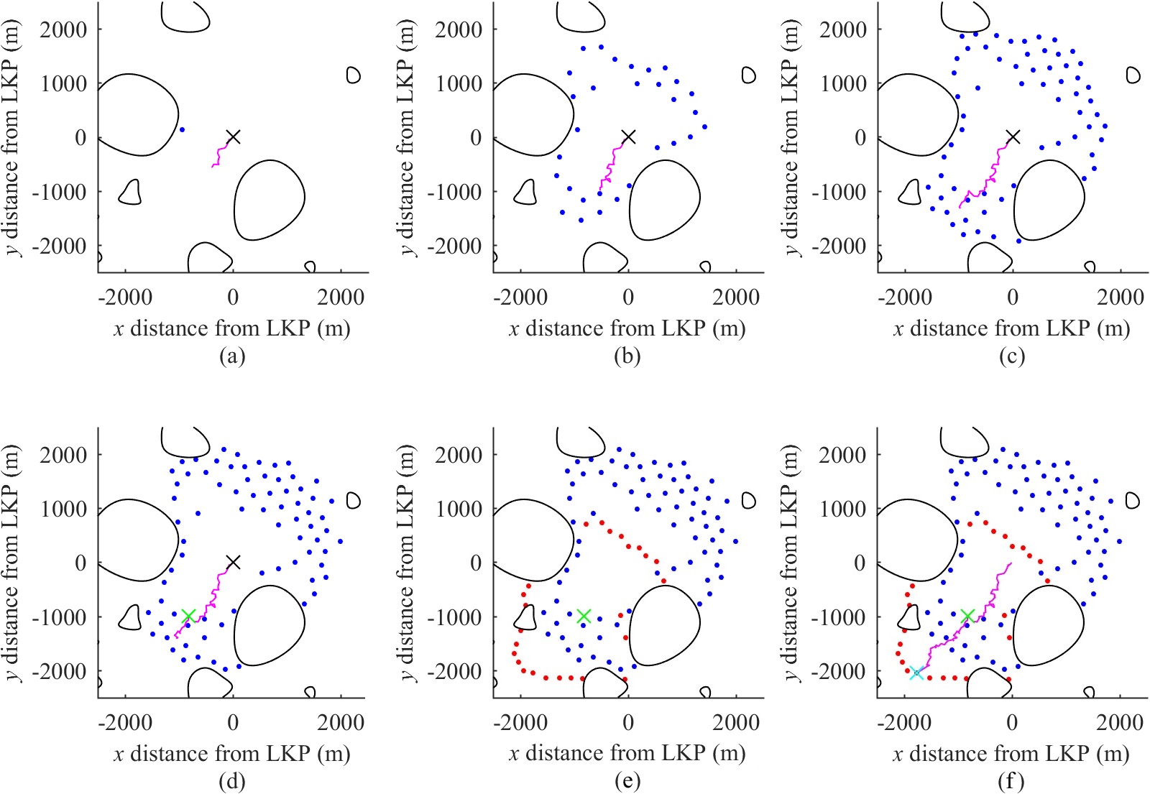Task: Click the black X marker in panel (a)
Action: (x=233, y=137)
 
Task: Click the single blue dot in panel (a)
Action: (x=182, y=130)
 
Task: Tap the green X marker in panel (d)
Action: (x=188, y=616)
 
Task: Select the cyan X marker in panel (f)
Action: (x=916, y=673)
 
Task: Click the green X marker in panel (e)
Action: (x=584, y=616)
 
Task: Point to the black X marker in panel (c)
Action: (x=1013, y=137)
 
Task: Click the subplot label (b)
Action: (x=627, y=356)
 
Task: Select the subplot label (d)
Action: (x=231, y=781)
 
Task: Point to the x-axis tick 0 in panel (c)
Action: (x=1013, y=297)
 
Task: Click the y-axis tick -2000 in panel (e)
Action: (x=453, y=671)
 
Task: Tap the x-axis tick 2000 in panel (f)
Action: (x=1120, y=722)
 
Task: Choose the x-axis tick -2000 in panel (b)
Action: (x=520, y=297)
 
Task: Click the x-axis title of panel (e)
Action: (x=627, y=753)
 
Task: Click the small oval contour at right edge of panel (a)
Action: (x=353, y=75)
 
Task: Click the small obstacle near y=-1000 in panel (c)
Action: (x=911, y=193)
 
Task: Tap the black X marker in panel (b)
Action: (x=628, y=137)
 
